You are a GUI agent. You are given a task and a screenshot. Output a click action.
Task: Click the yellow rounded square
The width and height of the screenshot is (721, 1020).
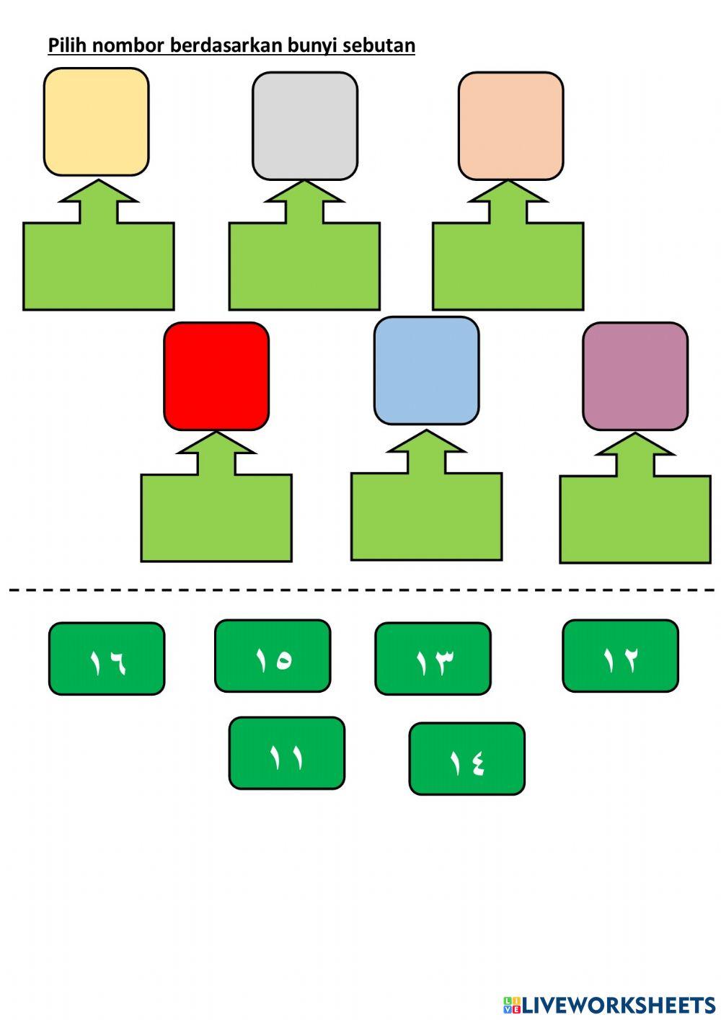(x=96, y=122)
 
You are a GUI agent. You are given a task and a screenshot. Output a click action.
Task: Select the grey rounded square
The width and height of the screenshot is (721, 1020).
(x=304, y=125)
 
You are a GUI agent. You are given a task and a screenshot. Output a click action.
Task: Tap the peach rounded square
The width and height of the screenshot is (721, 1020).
(x=510, y=125)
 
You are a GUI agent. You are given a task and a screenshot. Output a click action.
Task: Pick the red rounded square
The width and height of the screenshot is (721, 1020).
(x=216, y=376)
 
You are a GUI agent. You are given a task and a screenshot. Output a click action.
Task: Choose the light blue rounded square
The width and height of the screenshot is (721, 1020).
(x=426, y=371)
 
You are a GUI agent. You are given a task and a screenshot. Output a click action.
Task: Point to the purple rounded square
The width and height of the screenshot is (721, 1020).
(x=634, y=376)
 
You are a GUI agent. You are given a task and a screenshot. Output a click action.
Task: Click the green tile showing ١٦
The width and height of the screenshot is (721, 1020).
(x=107, y=659)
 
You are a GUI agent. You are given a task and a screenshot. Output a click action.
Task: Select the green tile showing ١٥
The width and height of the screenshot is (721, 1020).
(x=273, y=656)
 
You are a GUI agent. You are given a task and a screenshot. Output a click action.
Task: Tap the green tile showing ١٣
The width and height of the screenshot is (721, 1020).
(x=433, y=659)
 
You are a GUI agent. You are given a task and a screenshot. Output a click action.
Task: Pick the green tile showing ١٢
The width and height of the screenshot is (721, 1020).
(x=620, y=656)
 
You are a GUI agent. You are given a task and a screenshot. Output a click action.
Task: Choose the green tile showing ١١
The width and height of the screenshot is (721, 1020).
(x=286, y=753)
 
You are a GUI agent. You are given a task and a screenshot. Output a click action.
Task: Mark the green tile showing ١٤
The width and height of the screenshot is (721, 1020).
(x=466, y=759)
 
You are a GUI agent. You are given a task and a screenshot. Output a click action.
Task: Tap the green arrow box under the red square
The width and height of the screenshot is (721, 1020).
(x=216, y=516)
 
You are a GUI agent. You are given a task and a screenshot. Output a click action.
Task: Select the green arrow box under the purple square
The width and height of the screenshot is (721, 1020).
(x=635, y=518)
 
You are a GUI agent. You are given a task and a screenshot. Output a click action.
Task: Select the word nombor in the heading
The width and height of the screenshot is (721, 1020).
(x=129, y=45)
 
